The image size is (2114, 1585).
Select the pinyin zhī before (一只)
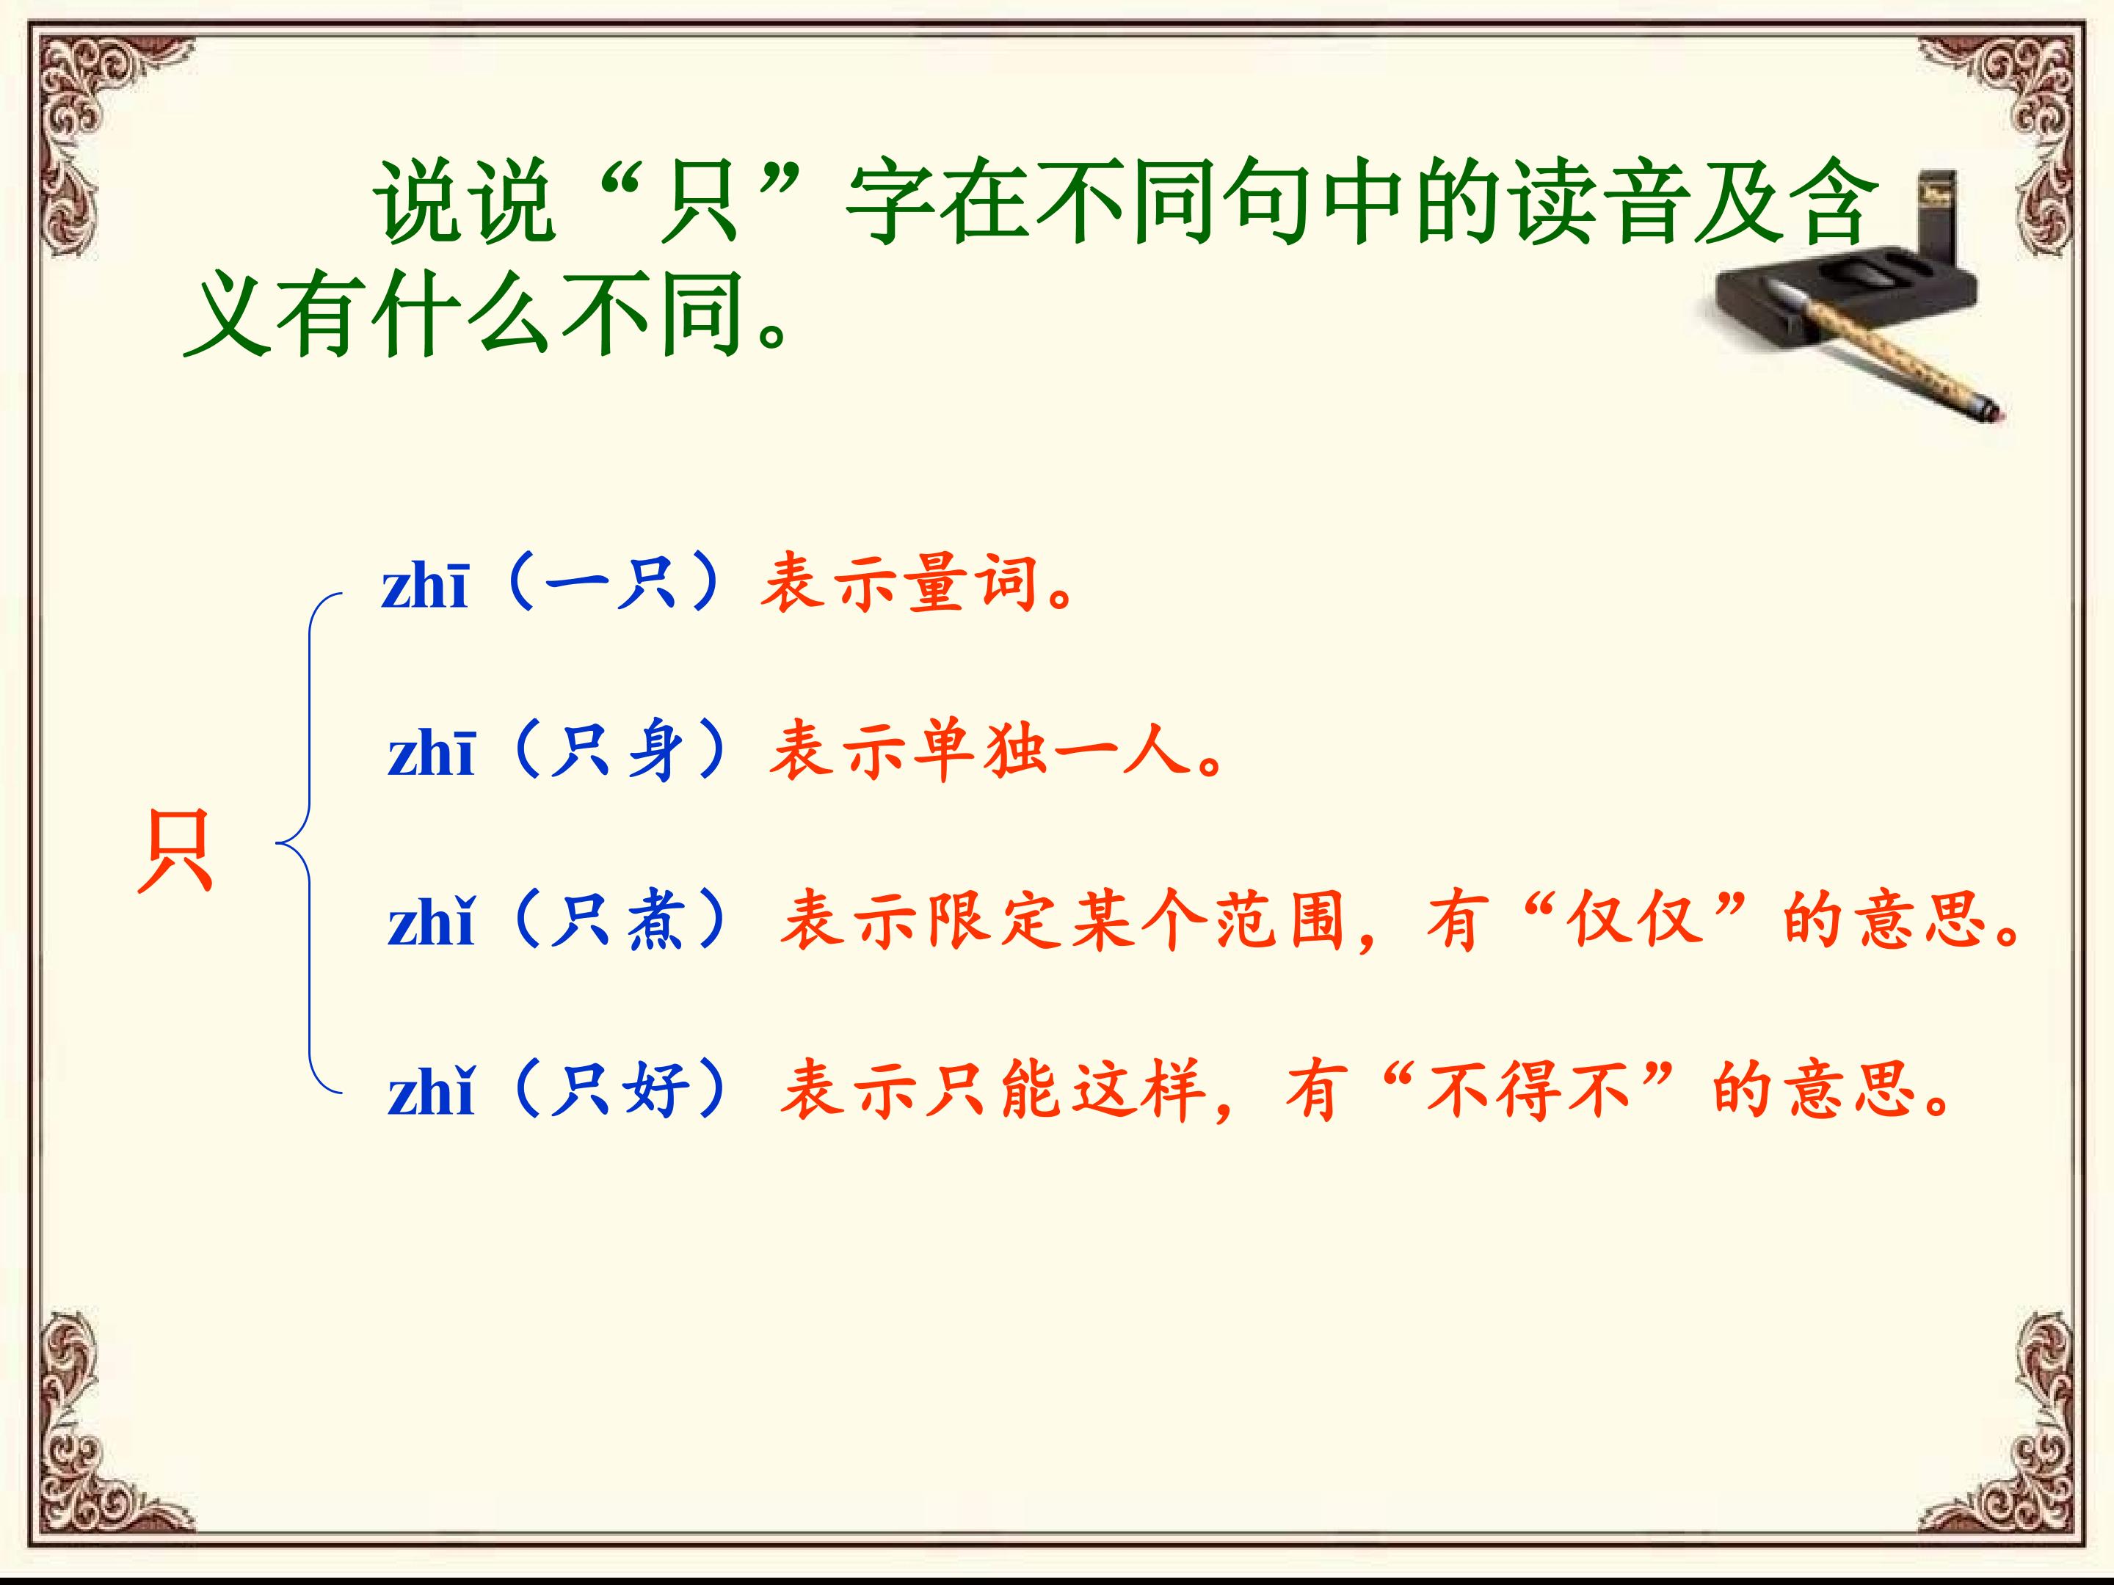point(424,586)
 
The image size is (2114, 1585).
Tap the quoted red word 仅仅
point(1639,920)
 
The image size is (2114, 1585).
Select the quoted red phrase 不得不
point(1528,1089)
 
